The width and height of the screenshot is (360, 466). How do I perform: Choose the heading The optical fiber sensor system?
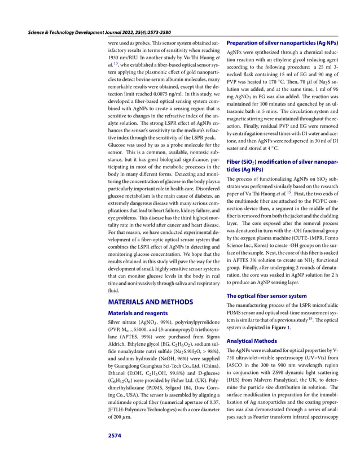pyautogui.click(x=266, y=295)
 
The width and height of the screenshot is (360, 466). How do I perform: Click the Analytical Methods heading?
pyautogui.click(x=252, y=341)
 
